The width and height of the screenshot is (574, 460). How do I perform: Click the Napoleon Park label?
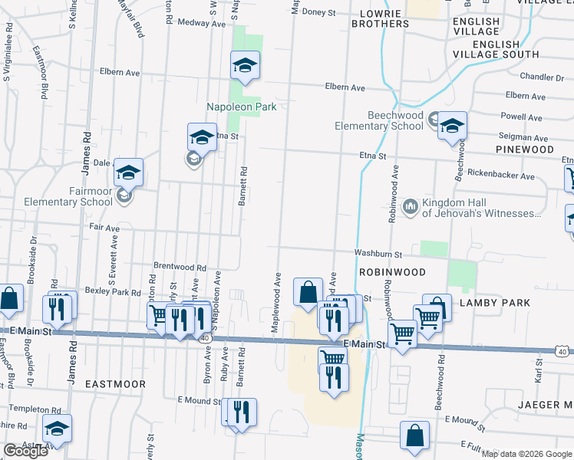pyautogui.click(x=240, y=107)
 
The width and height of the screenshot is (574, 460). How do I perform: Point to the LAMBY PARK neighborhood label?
pyautogui.click(x=494, y=303)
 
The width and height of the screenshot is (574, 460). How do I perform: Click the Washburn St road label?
pyautogui.click(x=378, y=253)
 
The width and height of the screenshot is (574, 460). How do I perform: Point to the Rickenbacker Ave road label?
pyautogui.click(x=500, y=176)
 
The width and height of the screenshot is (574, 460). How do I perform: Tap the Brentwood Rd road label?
pyautogui.click(x=180, y=268)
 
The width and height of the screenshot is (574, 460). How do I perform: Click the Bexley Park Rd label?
pyautogui.click(x=113, y=292)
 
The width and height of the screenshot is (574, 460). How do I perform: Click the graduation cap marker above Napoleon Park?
pyautogui.click(x=246, y=65)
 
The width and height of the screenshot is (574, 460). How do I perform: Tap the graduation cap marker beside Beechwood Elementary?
pyautogui.click(x=452, y=126)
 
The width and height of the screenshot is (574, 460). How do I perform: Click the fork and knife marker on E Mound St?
pyautogui.click(x=242, y=410)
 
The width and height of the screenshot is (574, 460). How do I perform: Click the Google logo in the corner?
pyautogui.click(x=25, y=451)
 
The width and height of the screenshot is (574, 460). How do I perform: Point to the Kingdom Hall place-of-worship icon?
pyautogui.click(x=410, y=206)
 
